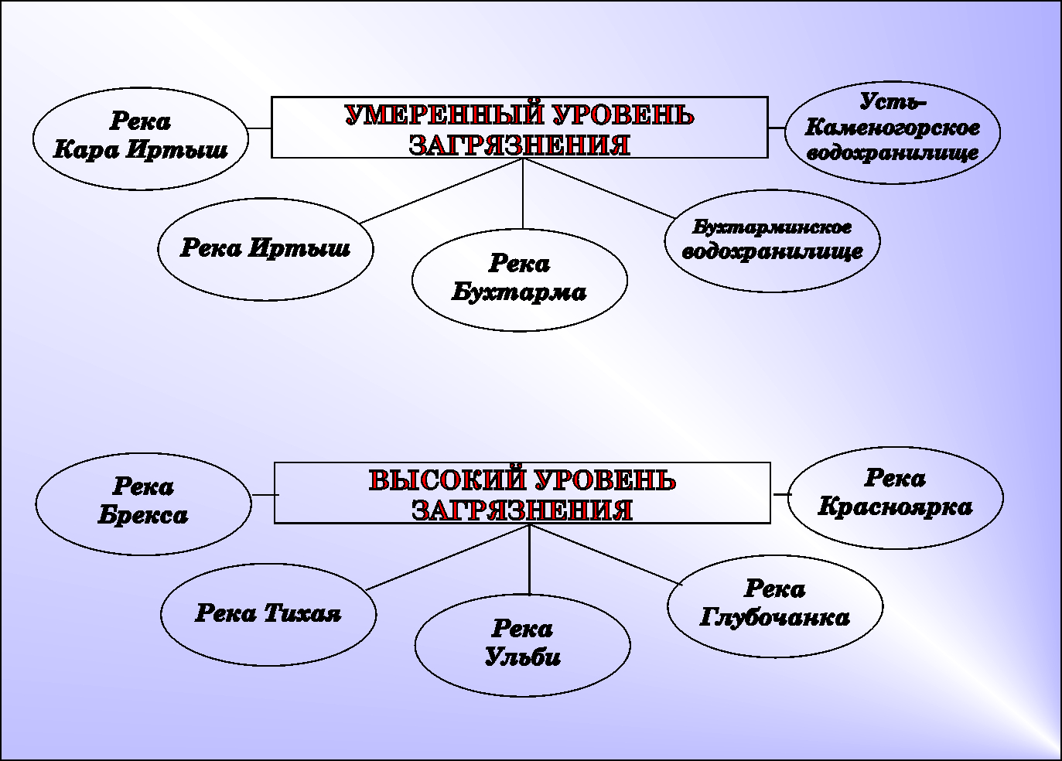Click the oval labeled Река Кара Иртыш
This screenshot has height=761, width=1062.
141,138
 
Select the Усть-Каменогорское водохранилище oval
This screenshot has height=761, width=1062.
893,131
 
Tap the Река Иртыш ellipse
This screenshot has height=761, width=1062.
265,249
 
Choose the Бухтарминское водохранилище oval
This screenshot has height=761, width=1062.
772,241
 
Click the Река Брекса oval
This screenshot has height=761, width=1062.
143,503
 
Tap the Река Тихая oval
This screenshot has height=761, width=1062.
268,614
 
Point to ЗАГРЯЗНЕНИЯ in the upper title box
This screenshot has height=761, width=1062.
519,145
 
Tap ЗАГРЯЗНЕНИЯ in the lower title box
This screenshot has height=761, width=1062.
522,510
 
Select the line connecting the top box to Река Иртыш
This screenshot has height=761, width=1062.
441,191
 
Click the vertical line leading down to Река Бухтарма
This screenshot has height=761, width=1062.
523,193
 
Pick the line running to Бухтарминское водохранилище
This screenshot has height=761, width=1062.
599,188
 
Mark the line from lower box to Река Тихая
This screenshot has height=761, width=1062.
447,558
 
